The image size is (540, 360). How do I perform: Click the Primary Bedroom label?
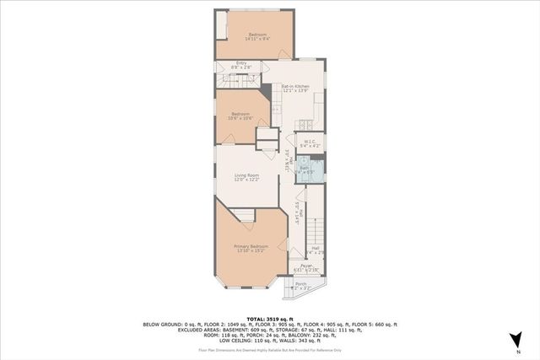(x=251, y=246)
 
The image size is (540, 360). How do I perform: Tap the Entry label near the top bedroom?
(x=241, y=62)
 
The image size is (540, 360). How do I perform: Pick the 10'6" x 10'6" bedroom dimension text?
(x=241, y=117)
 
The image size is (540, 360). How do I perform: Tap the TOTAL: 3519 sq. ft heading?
(x=270, y=315)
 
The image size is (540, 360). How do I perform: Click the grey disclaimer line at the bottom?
(x=270, y=348)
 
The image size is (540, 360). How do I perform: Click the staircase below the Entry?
(x=240, y=79)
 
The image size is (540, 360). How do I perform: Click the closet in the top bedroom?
(x=221, y=24)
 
